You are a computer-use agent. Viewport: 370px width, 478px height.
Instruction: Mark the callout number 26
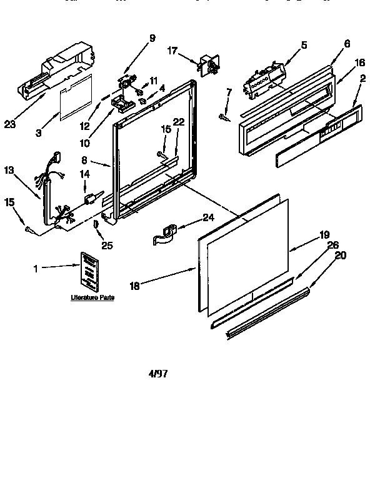(x=334, y=245)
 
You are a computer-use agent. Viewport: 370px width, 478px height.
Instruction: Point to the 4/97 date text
(x=158, y=374)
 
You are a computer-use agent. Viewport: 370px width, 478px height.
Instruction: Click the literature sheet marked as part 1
(x=88, y=270)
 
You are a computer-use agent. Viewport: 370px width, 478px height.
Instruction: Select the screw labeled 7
(x=223, y=116)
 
